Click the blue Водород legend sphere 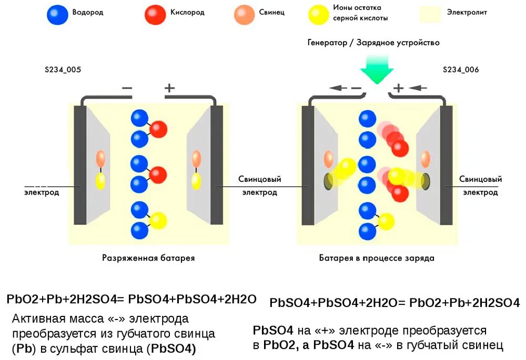(x=57, y=15)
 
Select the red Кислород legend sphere (x=155, y=15)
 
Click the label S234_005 (x=63, y=69)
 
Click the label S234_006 (x=461, y=69)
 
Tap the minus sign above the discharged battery (x=127, y=88)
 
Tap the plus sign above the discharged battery (x=169, y=88)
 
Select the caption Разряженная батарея (x=148, y=258)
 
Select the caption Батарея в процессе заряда (x=377, y=258)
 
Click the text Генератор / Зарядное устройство (x=373, y=43)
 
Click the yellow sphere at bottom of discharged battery (x=157, y=221)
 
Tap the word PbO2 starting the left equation (x=20, y=300)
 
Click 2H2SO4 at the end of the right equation (x=496, y=303)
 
